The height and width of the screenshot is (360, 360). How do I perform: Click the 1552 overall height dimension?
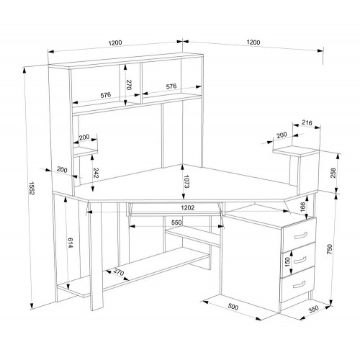32,188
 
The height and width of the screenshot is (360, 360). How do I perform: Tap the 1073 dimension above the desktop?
186,181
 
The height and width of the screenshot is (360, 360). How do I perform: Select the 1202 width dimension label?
188,208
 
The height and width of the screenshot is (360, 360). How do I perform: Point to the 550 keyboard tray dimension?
176,222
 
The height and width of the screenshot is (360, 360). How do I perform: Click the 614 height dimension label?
71,243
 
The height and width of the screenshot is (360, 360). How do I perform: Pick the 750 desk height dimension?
329,249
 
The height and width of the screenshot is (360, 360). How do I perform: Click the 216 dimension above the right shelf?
307,123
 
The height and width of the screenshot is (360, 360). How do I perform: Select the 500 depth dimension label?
233,307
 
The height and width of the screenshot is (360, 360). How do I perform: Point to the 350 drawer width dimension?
313,309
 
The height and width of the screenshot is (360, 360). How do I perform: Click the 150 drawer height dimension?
287,262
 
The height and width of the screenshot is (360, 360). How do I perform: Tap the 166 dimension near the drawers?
302,207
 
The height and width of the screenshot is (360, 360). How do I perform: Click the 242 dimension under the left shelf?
96,173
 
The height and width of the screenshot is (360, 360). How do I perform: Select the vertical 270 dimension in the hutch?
129,85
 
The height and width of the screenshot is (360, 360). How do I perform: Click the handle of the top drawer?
301,235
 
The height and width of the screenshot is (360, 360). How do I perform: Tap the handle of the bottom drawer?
300,284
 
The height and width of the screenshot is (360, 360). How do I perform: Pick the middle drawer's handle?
300,259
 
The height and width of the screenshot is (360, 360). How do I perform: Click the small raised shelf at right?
296,151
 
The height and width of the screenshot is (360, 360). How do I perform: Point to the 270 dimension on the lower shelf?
118,273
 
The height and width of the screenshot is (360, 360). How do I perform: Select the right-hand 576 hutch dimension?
171,86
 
